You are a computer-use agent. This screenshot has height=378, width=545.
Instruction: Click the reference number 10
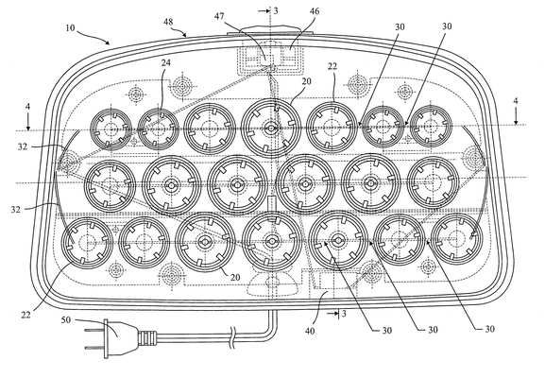click(x=70, y=27)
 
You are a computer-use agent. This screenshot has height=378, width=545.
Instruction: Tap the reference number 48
click(x=168, y=22)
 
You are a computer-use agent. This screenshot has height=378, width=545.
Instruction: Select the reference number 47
click(x=219, y=16)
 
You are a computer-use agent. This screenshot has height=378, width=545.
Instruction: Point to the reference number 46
click(x=315, y=11)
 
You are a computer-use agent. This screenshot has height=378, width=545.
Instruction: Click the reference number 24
click(x=166, y=62)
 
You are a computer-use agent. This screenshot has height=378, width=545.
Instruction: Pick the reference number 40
click(x=310, y=331)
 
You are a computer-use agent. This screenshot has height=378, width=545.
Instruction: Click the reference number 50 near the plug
click(x=66, y=319)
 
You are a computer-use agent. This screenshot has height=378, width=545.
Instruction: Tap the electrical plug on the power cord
click(x=121, y=338)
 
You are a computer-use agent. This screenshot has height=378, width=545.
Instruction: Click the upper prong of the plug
click(x=94, y=331)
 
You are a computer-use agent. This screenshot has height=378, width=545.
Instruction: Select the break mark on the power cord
click(x=232, y=337)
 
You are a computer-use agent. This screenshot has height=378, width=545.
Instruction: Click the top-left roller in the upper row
click(x=111, y=129)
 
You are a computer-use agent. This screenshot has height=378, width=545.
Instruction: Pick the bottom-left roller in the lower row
click(x=87, y=243)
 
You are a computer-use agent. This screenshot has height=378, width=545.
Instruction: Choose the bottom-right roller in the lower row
click(x=456, y=239)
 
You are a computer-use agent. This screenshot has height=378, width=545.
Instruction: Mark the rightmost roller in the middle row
click(x=433, y=182)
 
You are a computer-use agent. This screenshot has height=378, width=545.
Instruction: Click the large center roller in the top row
click(x=271, y=129)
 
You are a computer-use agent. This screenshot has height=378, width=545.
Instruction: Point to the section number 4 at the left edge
click(x=27, y=106)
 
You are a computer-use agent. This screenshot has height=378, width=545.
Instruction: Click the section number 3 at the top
click(x=276, y=10)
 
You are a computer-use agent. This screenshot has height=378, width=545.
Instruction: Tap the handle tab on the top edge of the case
click(x=271, y=30)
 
